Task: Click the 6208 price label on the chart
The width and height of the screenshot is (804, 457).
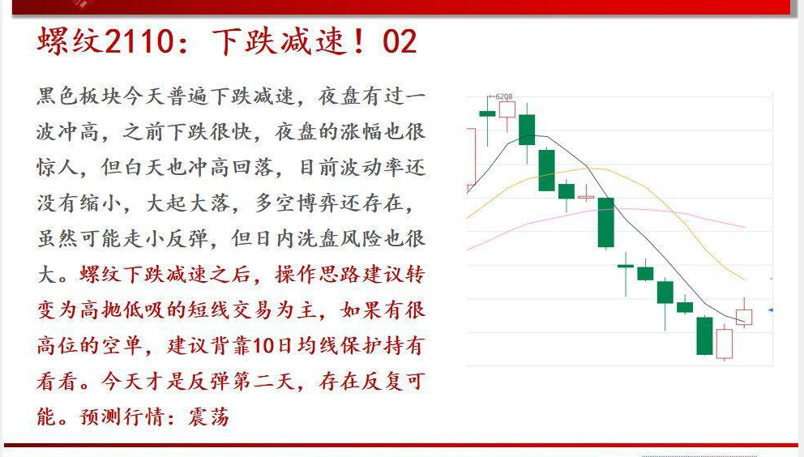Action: (x=504, y=96)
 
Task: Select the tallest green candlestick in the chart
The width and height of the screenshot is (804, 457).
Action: (x=606, y=222)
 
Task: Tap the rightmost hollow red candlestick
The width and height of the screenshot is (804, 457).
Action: (x=744, y=317)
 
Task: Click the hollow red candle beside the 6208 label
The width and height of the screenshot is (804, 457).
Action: (x=507, y=110)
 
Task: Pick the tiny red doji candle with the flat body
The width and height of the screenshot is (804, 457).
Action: (x=585, y=197)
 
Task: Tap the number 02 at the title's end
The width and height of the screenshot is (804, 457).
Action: (x=400, y=41)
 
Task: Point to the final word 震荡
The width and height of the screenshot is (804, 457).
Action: (x=208, y=416)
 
